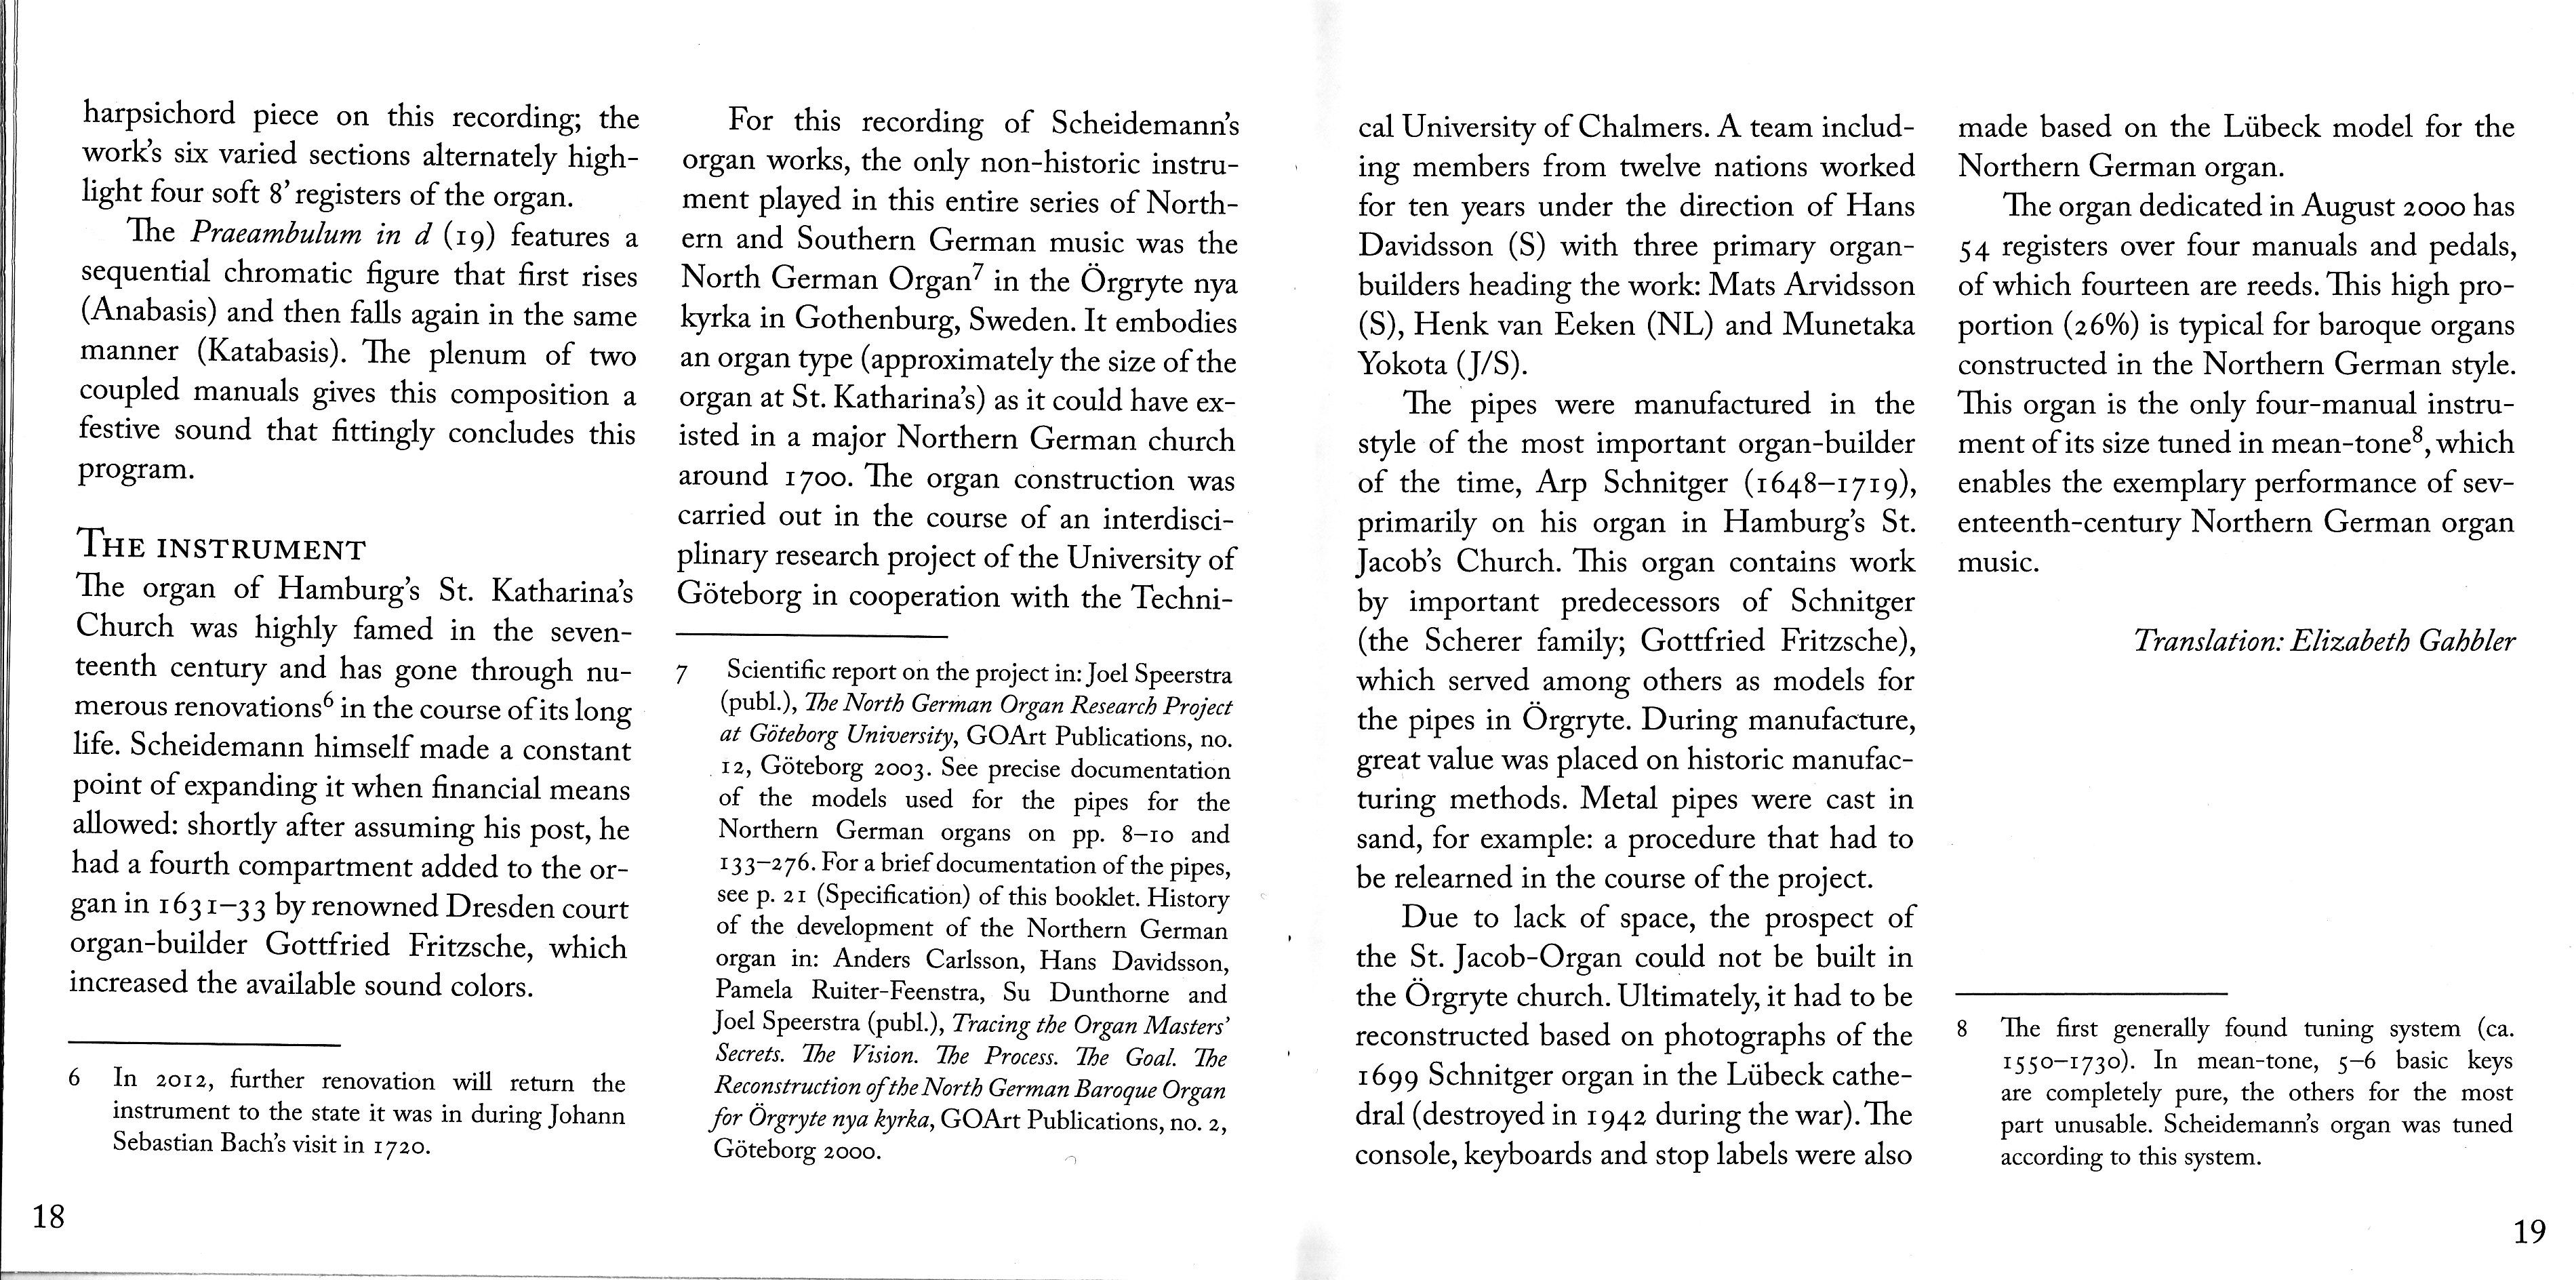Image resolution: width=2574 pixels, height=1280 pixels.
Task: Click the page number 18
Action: (48, 1217)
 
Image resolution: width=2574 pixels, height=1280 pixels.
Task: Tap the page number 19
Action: (2529, 1232)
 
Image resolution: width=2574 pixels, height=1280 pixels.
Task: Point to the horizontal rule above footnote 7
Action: (811, 635)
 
